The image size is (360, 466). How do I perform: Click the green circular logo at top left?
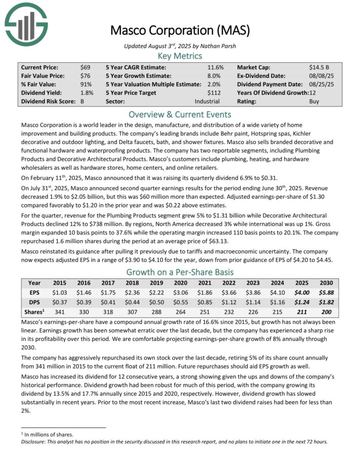point(26,22)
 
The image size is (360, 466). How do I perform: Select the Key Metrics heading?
point(180,56)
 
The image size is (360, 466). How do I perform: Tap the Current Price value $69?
point(85,67)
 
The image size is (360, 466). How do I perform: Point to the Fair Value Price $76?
point(85,76)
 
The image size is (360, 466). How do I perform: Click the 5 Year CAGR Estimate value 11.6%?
point(215,67)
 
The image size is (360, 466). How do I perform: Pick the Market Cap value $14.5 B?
point(320,67)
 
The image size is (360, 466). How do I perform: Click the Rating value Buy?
point(314,101)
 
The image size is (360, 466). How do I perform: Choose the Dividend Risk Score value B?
point(83,101)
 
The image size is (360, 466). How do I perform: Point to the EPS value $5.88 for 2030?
point(326,293)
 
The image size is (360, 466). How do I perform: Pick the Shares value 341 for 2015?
point(60,312)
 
